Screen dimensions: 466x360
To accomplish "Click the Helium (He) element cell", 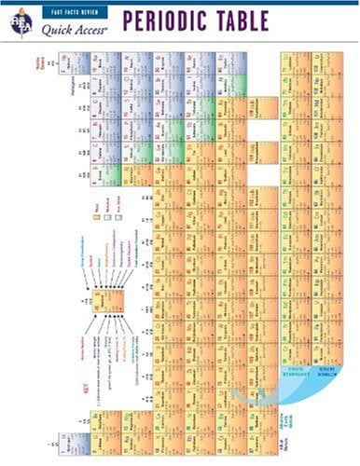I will [x=76, y=63].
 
